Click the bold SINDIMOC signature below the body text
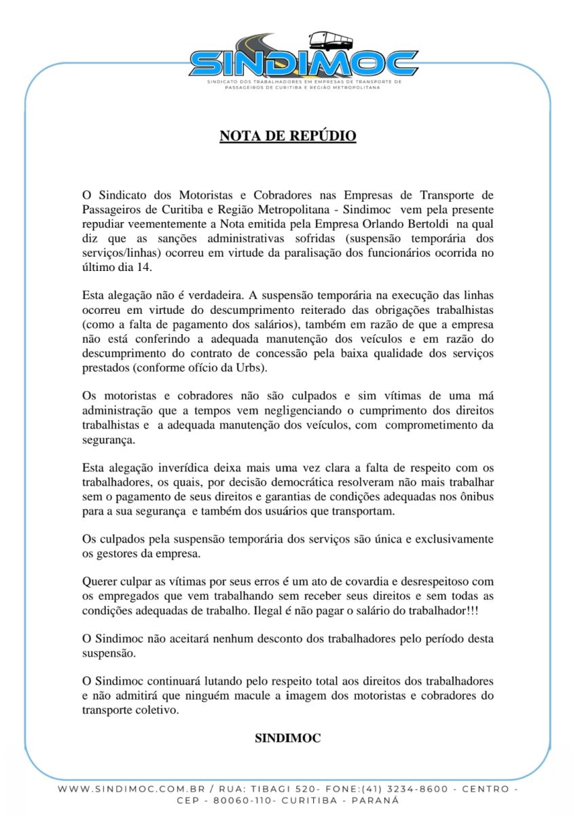pyautogui.click(x=287, y=738)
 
